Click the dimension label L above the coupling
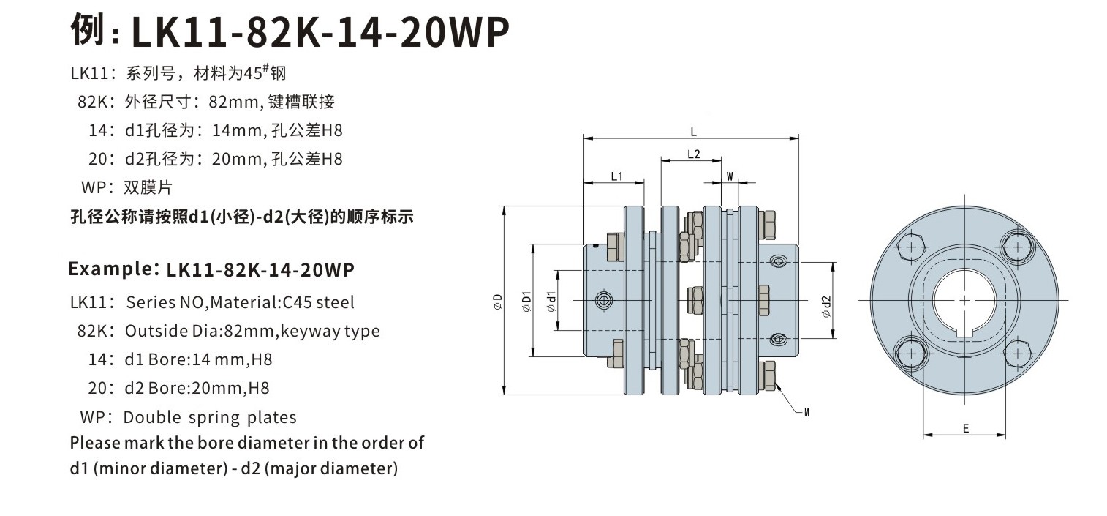(x=692, y=132)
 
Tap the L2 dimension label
(x=694, y=154)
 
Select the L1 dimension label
(x=616, y=176)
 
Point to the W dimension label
(x=729, y=175)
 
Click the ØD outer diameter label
(x=496, y=302)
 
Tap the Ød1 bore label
(x=551, y=302)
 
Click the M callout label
(x=805, y=412)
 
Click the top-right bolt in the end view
(x=1017, y=247)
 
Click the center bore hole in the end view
(x=964, y=300)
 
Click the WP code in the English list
(x=94, y=417)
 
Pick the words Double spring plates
(x=210, y=417)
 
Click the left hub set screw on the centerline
(x=603, y=300)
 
